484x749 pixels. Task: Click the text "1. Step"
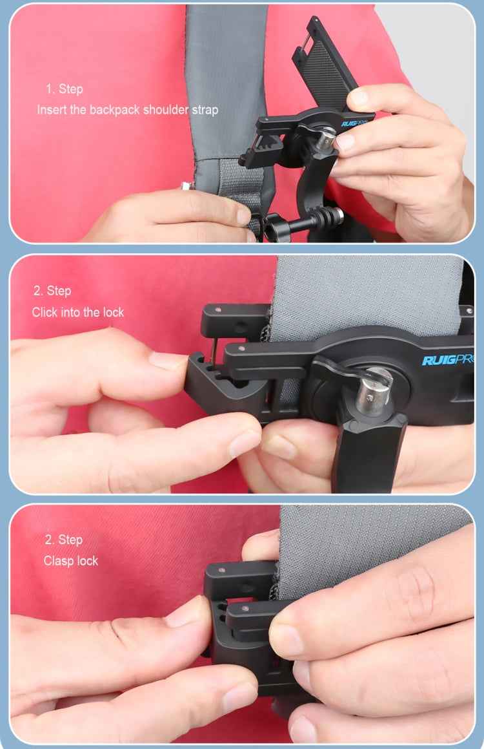[64, 89]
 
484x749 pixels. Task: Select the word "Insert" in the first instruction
[52, 109]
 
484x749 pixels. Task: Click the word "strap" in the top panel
[205, 109]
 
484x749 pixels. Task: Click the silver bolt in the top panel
[327, 137]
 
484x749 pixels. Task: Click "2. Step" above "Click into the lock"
[52, 291]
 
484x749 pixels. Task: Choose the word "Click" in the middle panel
[45, 312]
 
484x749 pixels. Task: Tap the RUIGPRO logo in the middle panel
[448, 360]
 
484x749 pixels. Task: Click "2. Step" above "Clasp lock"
[64, 540]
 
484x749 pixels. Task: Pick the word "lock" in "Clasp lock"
[87, 560]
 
